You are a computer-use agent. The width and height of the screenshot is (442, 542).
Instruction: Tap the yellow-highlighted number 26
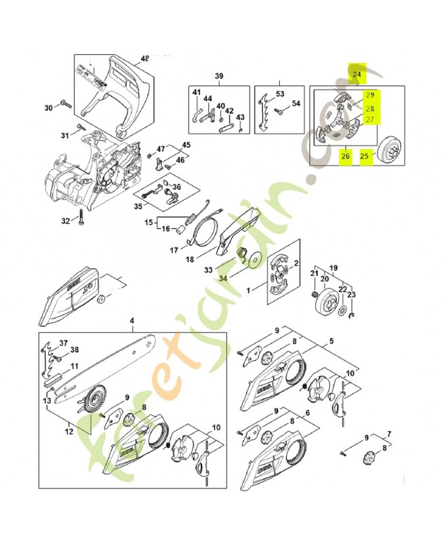click(x=345, y=157)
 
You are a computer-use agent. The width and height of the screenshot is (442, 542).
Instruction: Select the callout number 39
click(x=219, y=75)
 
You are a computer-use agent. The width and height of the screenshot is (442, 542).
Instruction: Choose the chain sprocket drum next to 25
click(x=392, y=148)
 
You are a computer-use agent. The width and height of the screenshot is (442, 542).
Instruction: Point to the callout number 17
click(x=174, y=250)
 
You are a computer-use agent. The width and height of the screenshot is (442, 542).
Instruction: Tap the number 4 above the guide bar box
click(x=132, y=320)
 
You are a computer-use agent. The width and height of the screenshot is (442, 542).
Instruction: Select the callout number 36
click(x=176, y=188)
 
